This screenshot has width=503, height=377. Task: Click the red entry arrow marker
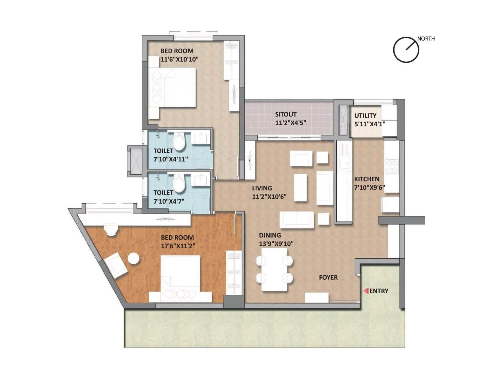(366, 291)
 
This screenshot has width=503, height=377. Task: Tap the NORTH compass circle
(406, 50)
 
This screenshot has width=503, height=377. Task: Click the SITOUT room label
(285, 115)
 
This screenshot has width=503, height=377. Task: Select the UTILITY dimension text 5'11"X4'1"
(370, 124)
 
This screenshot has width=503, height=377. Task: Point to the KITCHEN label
(367, 179)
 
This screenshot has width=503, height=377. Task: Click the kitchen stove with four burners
(392, 167)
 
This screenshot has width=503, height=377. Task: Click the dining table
(274, 269)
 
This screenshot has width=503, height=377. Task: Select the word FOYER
(328, 277)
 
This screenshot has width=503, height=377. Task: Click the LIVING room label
(262, 188)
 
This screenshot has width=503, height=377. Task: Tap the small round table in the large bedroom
(133, 258)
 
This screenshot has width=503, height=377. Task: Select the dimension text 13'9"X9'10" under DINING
(276, 244)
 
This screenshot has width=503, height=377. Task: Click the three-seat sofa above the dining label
(296, 220)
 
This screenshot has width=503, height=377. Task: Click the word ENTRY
(379, 291)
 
